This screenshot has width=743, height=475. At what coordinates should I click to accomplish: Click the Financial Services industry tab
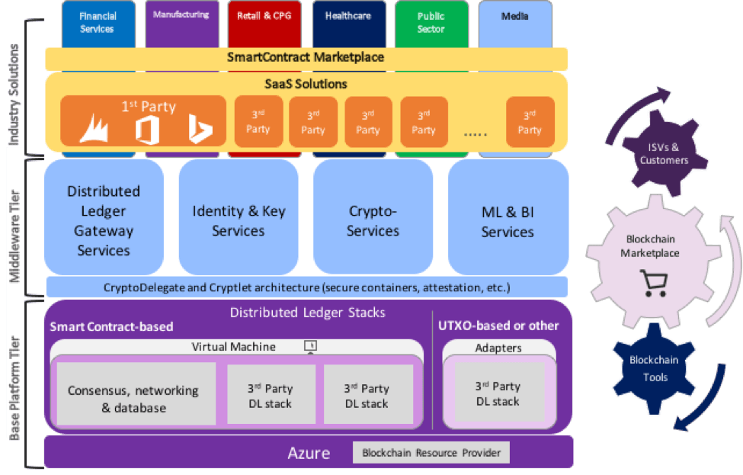pyautogui.click(x=98, y=24)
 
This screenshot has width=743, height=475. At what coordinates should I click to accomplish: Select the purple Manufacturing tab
pyautogui.click(x=182, y=24)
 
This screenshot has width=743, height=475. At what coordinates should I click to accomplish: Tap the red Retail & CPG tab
pyautogui.click(x=264, y=24)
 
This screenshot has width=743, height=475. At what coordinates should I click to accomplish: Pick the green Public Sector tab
pyautogui.click(x=431, y=24)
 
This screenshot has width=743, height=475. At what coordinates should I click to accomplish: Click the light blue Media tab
pyautogui.click(x=515, y=24)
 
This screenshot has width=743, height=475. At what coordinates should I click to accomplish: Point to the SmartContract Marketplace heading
pyautogui.click(x=306, y=57)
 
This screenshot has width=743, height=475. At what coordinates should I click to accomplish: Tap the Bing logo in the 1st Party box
pyautogui.click(x=200, y=128)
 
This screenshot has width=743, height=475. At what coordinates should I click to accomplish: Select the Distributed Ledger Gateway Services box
pyautogui.click(x=104, y=217)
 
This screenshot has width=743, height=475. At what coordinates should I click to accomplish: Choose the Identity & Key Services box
pyautogui.click(x=239, y=217)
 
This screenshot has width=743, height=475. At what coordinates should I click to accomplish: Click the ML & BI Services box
pyautogui.click(x=508, y=217)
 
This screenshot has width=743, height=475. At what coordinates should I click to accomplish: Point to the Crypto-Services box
pyautogui.click(x=373, y=217)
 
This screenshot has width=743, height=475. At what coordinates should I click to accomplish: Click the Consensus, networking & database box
pyautogui.click(x=136, y=394)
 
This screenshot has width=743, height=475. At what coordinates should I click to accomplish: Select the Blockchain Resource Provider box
pyautogui.click(x=431, y=453)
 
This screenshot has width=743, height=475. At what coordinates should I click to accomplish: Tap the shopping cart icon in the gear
pyautogui.click(x=654, y=283)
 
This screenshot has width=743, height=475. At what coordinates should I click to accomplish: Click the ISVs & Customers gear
pyautogui.click(x=664, y=153)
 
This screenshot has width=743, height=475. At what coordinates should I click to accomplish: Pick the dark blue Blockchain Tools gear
pyautogui.click(x=655, y=369)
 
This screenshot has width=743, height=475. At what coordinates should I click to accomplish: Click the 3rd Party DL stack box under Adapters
pyautogui.click(x=498, y=393)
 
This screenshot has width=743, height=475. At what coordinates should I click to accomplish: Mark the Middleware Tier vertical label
pyautogui.click(x=15, y=236)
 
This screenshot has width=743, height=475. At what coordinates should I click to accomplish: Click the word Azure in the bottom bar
pyautogui.click(x=309, y=453)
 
